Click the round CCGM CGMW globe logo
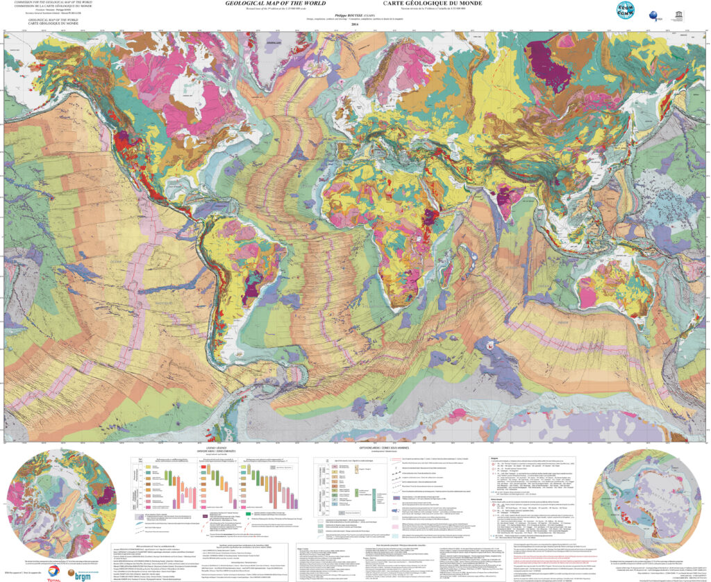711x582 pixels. point(627,12)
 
